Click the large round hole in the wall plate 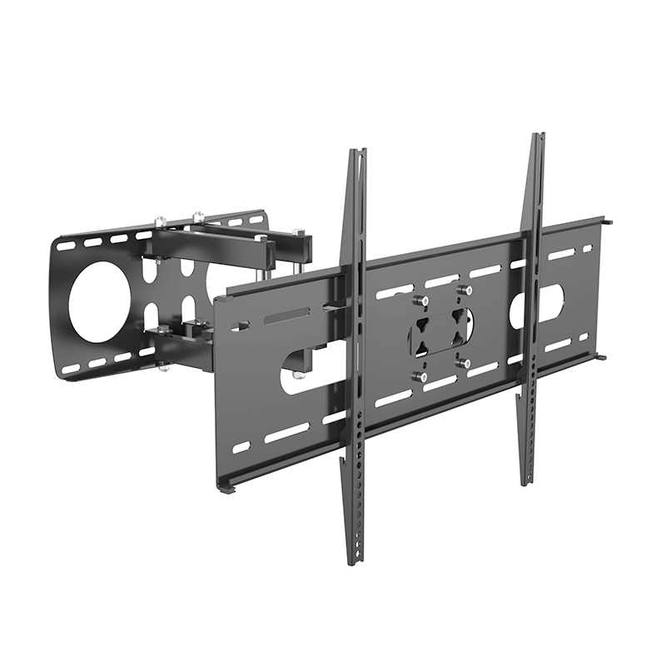coord(99,302)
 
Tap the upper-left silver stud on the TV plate coord(422,300)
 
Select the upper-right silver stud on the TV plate coord(466,290)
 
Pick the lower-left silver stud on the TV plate coord(422,377)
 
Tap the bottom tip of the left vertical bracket coord(354,563)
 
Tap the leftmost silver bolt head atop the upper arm coord(160,221)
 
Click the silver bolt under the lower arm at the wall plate coord(163,367)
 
